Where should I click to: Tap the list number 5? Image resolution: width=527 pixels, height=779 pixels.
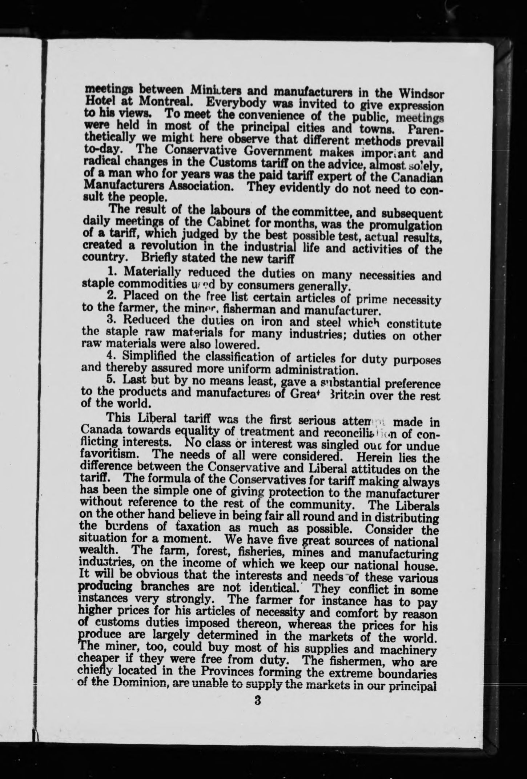coord(112,379)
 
